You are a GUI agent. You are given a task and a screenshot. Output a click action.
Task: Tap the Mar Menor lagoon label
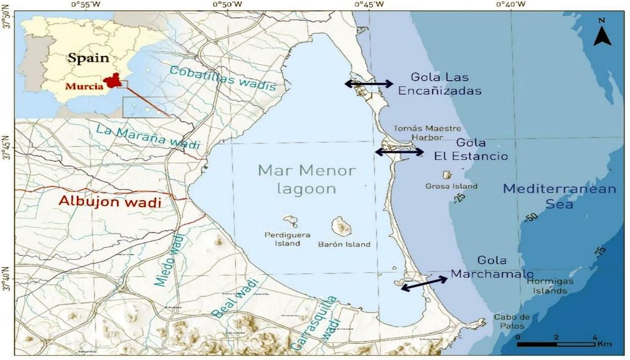point(298,179)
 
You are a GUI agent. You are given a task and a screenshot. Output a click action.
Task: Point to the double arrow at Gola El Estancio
point(399,151)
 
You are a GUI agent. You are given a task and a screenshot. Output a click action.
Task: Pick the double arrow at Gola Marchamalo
point(424,284)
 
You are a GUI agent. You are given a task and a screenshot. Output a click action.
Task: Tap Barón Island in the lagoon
point(341,226)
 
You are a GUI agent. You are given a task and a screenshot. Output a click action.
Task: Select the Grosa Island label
point(451,186)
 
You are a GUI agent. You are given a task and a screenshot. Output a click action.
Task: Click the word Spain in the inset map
point(88,58)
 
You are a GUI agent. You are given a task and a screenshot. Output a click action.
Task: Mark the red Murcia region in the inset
point(111,81)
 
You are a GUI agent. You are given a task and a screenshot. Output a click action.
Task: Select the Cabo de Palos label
point(511,321)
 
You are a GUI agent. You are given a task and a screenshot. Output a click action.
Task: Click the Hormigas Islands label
point(550,286)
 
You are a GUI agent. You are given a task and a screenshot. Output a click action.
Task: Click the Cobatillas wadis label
point(222,78)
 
